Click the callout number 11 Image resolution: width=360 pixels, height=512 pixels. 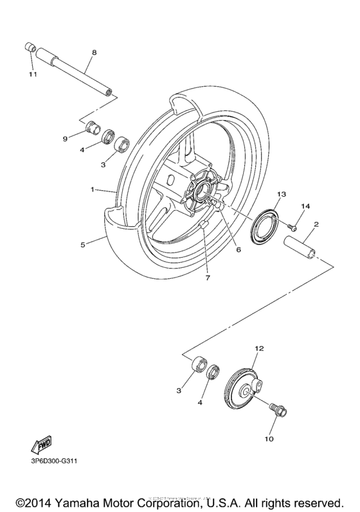[32, 75]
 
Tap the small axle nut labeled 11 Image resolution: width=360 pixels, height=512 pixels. [30, 47]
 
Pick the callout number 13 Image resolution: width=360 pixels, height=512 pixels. [281, 194]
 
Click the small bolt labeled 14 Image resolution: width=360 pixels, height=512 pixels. [291, 226]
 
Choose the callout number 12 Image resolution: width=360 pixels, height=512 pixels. [259, 349]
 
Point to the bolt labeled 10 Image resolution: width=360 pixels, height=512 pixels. [279, 410]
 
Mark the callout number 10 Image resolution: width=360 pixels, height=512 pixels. [269, 439]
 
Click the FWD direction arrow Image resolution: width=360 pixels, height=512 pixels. [40, 445]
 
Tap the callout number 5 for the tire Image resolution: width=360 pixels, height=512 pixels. [82, 243]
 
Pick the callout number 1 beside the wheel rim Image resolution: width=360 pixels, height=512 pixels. [94, 190]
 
